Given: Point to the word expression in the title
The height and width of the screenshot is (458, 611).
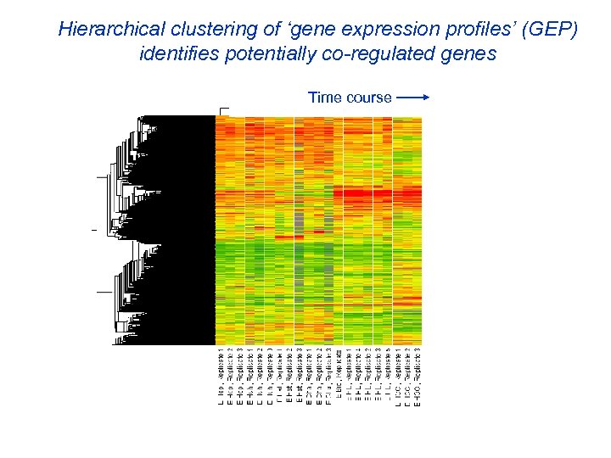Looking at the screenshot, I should (x=366, y=30).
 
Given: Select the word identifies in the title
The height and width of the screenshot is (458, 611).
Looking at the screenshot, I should (x=175, y=54).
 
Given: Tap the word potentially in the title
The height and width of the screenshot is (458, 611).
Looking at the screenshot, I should (x=262, y=54).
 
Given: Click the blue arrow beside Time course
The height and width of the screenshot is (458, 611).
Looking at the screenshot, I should (x=413, y=98).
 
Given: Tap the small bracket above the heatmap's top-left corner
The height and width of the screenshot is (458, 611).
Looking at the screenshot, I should (x=224, y=110).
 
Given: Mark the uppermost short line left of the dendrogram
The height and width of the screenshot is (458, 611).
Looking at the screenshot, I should (x=102, y=176).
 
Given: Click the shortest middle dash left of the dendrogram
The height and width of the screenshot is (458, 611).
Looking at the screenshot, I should (x=94, y=230).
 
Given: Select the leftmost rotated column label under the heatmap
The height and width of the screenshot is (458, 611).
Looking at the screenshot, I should (x=221, y=375).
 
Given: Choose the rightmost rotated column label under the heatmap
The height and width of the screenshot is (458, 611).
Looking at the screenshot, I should (x=418, y=375).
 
